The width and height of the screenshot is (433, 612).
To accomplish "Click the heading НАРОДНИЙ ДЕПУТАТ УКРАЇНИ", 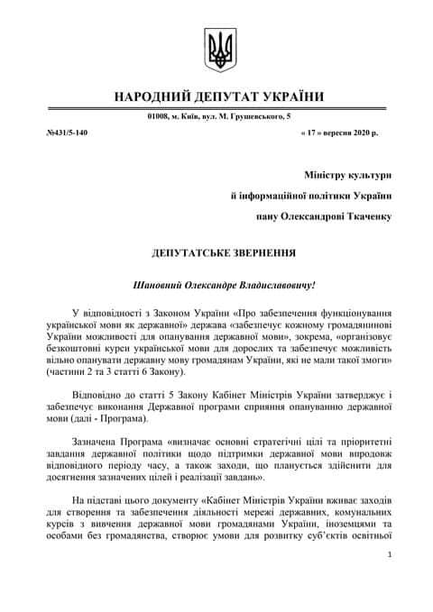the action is click(x=216, y=96).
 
